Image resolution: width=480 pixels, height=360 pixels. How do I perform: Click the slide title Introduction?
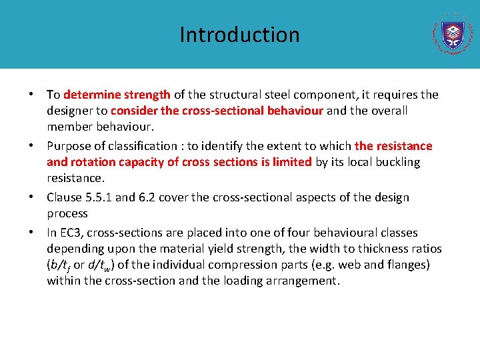click(x=239, y=35)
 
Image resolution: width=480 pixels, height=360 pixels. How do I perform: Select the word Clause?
click(x=64, y=197)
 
